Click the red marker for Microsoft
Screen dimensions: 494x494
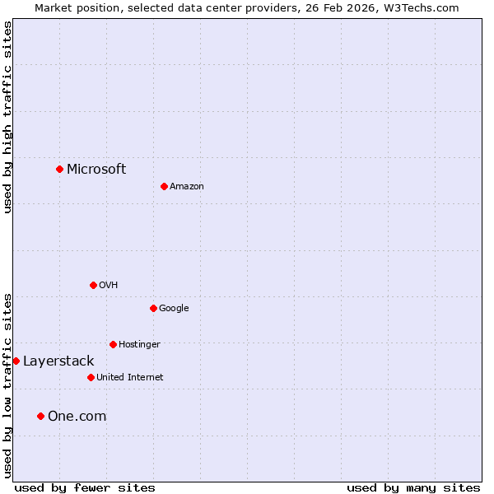[x=59, y=169]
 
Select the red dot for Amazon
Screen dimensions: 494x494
[x=164, y=186]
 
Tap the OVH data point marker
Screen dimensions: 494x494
[x=93, y=285]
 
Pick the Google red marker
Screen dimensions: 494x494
[x=153, y=308]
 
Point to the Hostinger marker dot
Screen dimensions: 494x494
[x=113, y=344]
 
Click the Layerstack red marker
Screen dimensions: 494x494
[x=16, y=361]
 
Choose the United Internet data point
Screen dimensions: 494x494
[x=91, y=377]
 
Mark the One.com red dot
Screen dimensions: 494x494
[x=40, y=416]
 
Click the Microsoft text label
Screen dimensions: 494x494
[x=96, y=169]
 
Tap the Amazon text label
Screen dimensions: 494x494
[x=187, y=186]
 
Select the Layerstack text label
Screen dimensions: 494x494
[x=58, y=361]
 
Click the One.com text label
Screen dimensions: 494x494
[x=77, y=416]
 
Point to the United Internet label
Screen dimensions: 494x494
[x=130, y=377]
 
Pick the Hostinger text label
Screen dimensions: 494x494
[x=139, y=344]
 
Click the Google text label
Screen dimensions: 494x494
[x=174, y=308]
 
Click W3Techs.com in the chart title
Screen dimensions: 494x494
[x=422, y=7]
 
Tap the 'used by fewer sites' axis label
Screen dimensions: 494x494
[x=85, y=487]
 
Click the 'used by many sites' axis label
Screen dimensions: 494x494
[x=413, y=487]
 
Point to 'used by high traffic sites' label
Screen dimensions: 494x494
[x=7, y=117]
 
